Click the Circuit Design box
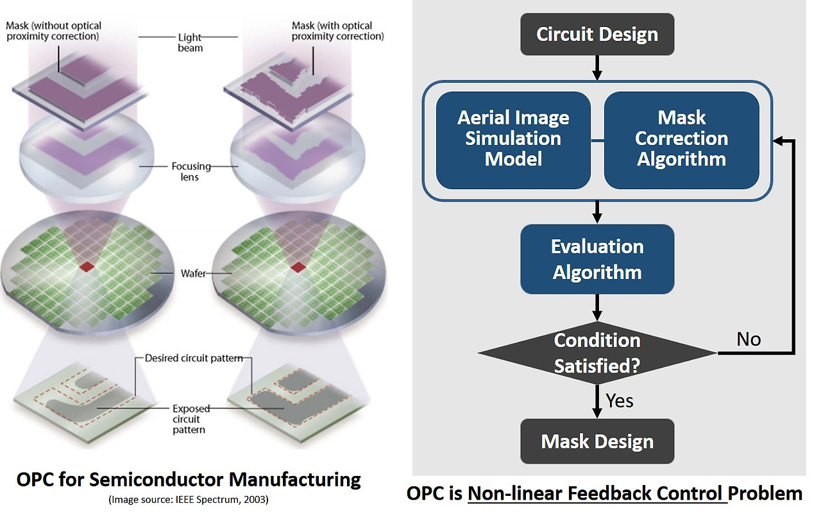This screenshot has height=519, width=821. click(x=597, y=34)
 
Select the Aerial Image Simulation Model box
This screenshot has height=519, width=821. click(x=513, y=139)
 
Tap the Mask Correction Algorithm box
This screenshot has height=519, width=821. click(x=681, y=139)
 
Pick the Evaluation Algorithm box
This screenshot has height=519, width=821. click(x=597, y=259)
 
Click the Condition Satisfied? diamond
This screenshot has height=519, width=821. click(x=597, y=353)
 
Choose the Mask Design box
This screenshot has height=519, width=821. click(x=597, y=441)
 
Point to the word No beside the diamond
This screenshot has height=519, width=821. click(x=749, y=339)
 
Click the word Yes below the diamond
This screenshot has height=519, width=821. click(x=620, y=401)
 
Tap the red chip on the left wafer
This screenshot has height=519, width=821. click(x=87, y=266)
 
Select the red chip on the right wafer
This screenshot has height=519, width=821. click(x=297, y=266)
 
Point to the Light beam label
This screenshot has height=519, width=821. click(x=190, y=43)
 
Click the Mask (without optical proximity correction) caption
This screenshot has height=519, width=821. click(x=53, y=31)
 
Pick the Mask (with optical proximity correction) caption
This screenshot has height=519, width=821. click(x=338, y=31)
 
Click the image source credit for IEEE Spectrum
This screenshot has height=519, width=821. click(x=189, y=500)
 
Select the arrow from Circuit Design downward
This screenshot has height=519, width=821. click(x=597, y=67)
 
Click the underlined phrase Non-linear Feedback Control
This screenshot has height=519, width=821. click(x=597, y=493)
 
